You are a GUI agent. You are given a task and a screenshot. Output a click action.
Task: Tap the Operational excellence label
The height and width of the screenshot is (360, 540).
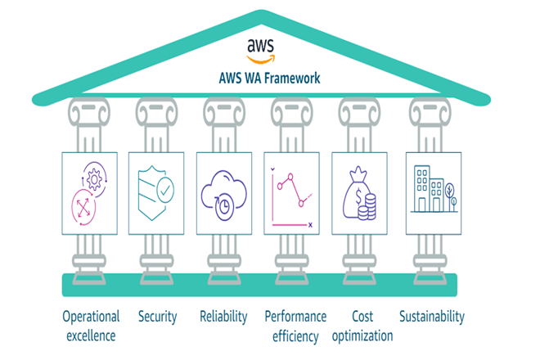pyautogui.click(x=91, y=325)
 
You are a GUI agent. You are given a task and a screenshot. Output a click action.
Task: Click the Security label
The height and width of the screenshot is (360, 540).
pyautogui.click(x=158, y=316)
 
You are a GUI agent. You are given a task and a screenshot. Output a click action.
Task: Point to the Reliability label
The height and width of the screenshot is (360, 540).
pyautogui.click(x=223, y=316)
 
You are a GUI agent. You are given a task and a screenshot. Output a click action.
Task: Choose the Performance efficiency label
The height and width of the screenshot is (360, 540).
pyautogui.click(x=295, y=325)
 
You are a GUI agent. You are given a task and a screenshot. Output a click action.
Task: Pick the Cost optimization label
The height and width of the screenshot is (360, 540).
pyautogui.click(x=362, y=325)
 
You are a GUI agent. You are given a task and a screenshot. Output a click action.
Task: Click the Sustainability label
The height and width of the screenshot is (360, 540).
pyautogui.click(x=431, y=316)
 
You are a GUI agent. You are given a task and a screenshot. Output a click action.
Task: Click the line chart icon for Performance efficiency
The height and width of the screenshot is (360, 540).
pyautogui.click(x=292, y=194)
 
